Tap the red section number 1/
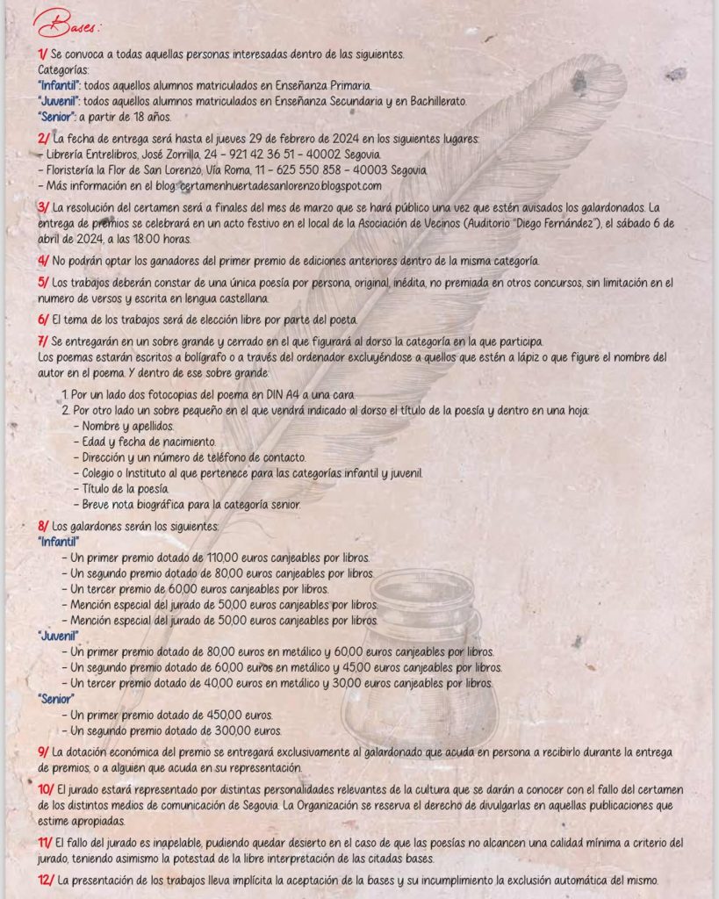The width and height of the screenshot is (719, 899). (43, 54)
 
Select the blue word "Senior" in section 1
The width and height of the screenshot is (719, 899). (56, 116)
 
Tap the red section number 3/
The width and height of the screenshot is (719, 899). (43, 207)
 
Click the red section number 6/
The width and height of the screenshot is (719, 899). (43, 319)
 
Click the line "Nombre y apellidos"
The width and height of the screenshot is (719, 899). (118, 426)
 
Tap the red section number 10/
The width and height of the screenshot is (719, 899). (46, 791)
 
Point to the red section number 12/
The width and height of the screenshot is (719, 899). (46, 881)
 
